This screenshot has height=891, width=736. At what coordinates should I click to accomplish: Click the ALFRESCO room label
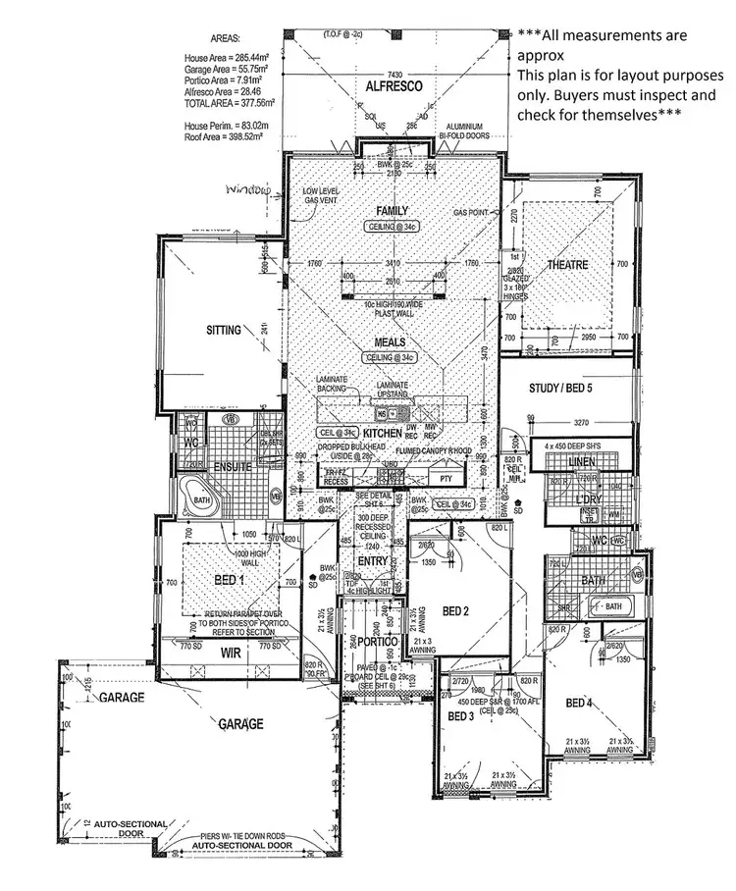point(394,87)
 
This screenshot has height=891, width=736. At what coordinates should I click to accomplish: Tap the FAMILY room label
point(391,211)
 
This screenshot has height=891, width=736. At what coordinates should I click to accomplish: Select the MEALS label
point(390,343)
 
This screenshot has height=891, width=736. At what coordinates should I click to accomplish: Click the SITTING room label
point(224,331)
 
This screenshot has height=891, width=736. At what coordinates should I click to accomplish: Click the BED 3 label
point(461,716)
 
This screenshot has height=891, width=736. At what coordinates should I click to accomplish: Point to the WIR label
point(232,652)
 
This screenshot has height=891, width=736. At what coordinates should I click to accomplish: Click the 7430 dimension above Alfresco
point(395,75)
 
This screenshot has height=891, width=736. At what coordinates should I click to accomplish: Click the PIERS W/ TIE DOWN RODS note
point(241,834)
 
